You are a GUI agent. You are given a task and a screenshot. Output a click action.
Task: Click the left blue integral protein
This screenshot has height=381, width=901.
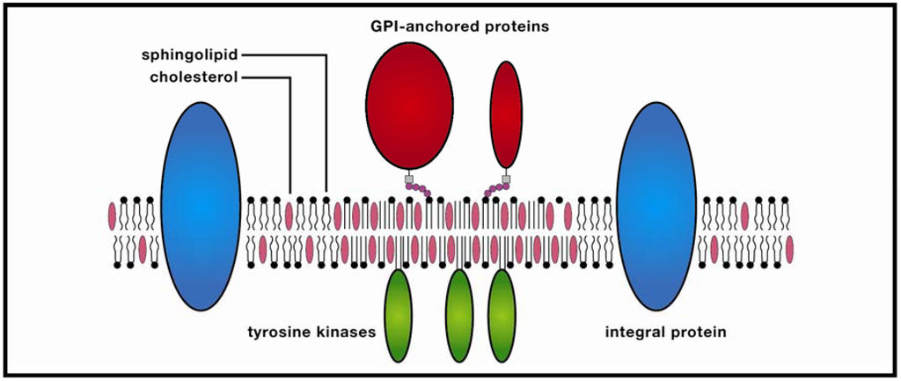pos(201,206)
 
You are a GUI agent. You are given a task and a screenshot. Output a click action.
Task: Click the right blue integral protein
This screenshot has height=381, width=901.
pos(656,206)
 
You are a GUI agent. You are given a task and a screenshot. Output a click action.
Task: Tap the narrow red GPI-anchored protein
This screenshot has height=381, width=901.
pos(506,114)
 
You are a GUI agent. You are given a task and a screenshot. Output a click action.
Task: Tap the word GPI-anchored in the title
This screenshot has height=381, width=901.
pos(412,26)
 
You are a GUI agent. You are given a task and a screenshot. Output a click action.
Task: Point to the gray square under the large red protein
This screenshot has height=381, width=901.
pos(409,180)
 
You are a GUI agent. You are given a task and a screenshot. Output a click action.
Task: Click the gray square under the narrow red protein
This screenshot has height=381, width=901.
pos(506,180)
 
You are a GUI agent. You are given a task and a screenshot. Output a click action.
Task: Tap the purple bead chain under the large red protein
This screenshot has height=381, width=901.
pos(421,190)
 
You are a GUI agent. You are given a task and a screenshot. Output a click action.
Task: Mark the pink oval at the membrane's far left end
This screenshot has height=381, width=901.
pos(112,216)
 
